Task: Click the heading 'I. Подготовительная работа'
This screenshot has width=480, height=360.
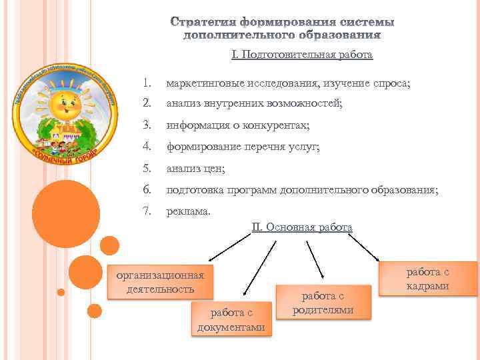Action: tap(302, 55)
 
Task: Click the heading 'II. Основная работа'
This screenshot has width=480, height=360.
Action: tap(302, 227)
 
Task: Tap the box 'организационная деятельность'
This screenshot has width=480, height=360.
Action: tap(160, 281)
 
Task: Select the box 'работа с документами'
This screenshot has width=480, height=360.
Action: tap(231, 319)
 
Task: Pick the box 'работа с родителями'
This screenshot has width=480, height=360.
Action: tap(323, 303)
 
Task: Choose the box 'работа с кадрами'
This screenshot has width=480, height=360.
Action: tap(427, 278)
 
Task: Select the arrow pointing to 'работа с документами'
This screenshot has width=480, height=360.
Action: tap(259, 267)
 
